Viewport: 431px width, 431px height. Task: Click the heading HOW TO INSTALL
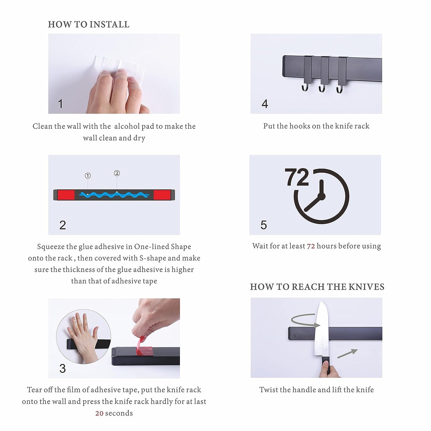[89, 24]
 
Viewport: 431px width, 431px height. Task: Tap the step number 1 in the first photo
[60, 104]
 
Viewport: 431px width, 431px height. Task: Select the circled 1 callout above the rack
[88, 176]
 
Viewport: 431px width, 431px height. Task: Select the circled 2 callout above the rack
[117, 173]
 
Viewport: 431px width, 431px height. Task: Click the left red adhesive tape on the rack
[66, 195]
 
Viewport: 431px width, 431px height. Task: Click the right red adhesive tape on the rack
[162, 195]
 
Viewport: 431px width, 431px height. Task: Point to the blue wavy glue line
[114, 195]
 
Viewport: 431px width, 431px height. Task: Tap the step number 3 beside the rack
[63, 368]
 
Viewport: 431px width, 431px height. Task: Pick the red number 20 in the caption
[99, 413]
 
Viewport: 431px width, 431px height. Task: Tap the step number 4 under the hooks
[265, 104]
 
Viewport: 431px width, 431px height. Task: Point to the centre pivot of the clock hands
[322, 197]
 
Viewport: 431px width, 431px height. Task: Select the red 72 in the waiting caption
[311, 246]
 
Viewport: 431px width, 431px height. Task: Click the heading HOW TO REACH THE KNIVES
[317, 287]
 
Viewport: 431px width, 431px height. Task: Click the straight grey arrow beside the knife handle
[347, 353]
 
